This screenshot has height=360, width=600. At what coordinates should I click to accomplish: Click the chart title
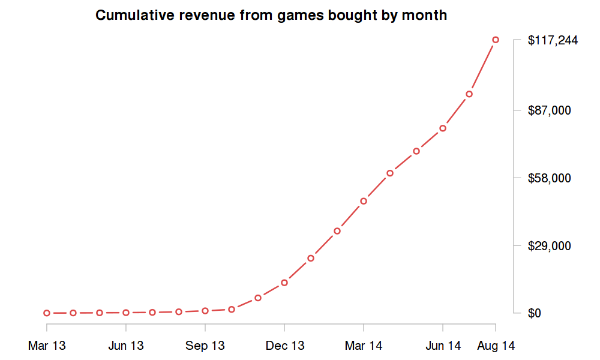271,16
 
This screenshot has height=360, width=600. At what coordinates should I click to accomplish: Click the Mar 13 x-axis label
47,346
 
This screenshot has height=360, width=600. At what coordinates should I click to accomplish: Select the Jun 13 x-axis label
126,346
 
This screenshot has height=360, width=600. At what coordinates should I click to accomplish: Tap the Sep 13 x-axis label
205,346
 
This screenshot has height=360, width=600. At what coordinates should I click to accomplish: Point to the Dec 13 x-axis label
284,346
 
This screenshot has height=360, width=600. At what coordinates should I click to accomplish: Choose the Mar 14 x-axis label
364,346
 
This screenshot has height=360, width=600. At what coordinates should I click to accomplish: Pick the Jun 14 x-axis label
443,346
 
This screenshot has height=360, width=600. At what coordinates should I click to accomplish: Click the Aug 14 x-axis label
496,346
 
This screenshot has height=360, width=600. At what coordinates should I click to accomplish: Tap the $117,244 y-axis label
553,41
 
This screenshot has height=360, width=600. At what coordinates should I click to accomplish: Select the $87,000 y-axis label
548,110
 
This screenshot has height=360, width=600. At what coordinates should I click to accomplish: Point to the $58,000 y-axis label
548,178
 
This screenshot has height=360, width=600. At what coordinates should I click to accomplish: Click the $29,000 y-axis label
548,246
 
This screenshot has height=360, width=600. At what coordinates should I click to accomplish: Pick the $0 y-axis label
534,313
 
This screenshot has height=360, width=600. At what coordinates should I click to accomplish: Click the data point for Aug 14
496,40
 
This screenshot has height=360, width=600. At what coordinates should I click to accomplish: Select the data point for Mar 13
47,313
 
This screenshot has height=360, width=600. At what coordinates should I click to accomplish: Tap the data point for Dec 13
284,283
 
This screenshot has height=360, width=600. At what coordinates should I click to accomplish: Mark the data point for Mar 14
364,201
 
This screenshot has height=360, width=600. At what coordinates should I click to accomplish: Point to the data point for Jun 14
443,128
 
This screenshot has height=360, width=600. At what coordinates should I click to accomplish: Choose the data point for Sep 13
205,311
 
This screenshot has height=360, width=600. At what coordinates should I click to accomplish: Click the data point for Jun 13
126,313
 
